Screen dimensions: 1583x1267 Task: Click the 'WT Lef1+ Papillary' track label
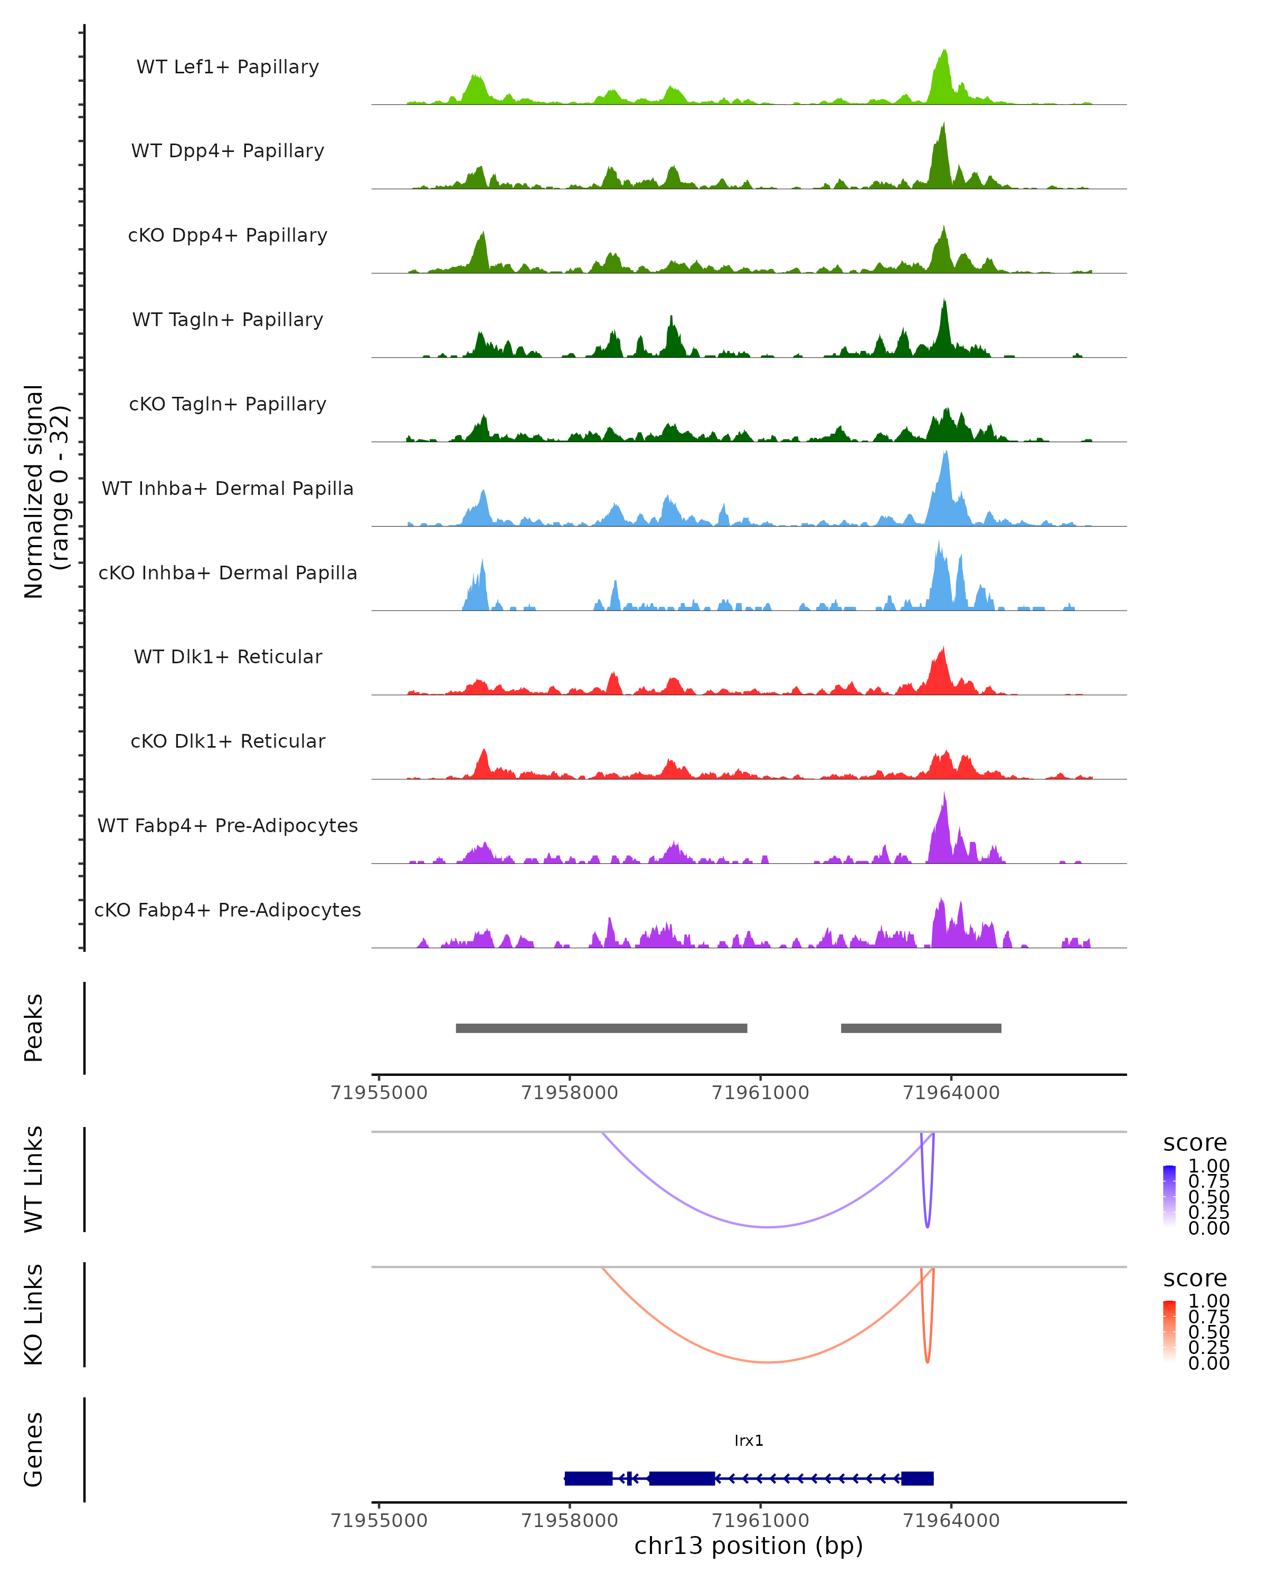pos(228,67)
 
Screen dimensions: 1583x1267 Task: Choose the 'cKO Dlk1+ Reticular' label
pos(228,741)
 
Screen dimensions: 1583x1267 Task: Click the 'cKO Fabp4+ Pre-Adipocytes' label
pos(228,910)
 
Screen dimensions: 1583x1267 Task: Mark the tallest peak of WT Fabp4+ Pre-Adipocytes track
pos(944,795)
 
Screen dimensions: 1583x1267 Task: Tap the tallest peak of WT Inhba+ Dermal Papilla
pos(946,453)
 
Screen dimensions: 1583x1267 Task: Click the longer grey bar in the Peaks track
pos(601,1028)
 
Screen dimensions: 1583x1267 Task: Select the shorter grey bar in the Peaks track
pos(921,1028)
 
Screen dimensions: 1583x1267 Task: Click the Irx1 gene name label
pos(749,1441)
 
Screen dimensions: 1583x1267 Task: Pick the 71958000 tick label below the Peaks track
pos(569,1093)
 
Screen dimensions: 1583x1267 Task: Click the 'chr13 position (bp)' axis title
pos(749,1546)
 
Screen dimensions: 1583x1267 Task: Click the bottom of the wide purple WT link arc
pos(768,1227)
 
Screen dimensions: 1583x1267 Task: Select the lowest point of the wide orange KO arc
pos(768,1362)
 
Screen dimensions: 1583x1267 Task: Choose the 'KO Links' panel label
pos(34,1314)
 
